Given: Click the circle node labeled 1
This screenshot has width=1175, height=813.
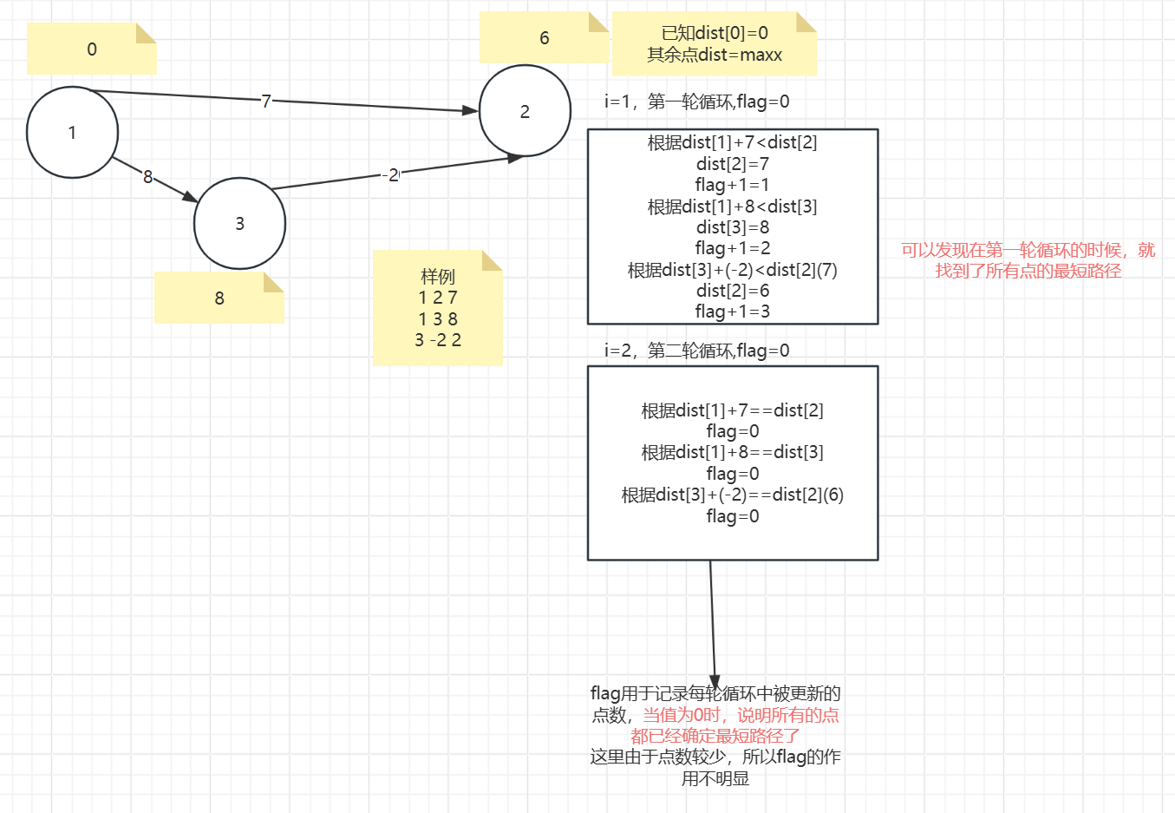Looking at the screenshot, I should [72, 133].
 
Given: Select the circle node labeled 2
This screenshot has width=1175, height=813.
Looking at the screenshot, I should [525, 111].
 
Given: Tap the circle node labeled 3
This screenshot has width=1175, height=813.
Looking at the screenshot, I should [239, 224].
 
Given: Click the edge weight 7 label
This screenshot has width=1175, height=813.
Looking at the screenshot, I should [266, 101].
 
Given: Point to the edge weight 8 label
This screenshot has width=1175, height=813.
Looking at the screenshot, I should [147, 177].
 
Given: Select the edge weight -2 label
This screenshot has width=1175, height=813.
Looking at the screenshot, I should [391, 175].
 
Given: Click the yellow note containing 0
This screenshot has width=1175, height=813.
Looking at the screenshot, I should [92, 49].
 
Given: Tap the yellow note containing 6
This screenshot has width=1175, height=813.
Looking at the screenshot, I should [544, 38].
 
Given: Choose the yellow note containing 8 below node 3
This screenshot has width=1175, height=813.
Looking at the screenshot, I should [219, 298].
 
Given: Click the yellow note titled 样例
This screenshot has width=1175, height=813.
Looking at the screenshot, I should [437, 308].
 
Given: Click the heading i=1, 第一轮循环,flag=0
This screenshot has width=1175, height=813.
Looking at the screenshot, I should [697, 102].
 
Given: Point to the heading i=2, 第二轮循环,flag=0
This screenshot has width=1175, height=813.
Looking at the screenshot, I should [697, 351].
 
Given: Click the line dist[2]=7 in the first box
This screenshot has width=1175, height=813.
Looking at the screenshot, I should [733, 164].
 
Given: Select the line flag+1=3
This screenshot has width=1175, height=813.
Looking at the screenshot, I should [733, 311].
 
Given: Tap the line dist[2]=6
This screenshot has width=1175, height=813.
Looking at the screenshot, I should [733, 291].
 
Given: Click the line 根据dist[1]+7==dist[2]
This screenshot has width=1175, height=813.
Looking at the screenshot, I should [733, 410].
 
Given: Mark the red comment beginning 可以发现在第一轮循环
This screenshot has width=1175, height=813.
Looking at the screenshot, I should [1028, 260].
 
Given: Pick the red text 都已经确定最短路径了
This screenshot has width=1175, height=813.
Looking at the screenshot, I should [715, 737].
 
